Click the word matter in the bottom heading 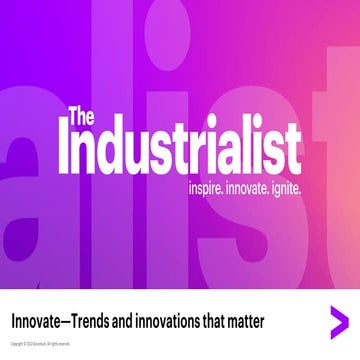pos(268,323)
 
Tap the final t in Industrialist pos(291,154)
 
